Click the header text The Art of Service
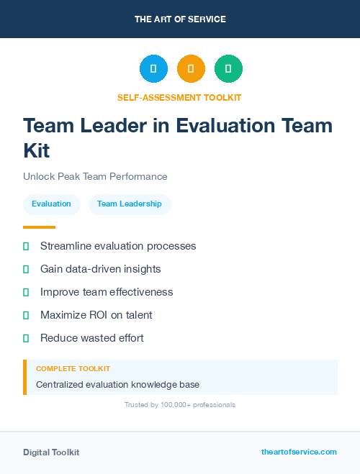click(x=180, y=19)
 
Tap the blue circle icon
click(x=153, y=69)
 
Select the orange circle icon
click(x=191, y=69)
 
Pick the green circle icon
click(x=228, y=69)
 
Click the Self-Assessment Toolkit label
click(x=179, y=97)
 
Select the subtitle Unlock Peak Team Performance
click(x=95, y=176)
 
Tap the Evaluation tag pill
click(x=51, y=204)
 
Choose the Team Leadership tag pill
click(x=130, y=204)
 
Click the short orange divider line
click(x=39, y=227)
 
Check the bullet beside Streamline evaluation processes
click(x=26, y=246)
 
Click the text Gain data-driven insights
click(x=100, y=269)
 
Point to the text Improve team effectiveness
click(x=107, y=292)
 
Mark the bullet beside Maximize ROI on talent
click(x=26, y=315)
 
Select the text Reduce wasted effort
click(x=92, y=338)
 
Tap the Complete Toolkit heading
click(x=73, y=368)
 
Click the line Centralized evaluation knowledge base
click(x=117, y=385)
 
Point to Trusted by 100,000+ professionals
click(x=180, y=405)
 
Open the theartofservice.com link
click(x=299, y=452)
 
